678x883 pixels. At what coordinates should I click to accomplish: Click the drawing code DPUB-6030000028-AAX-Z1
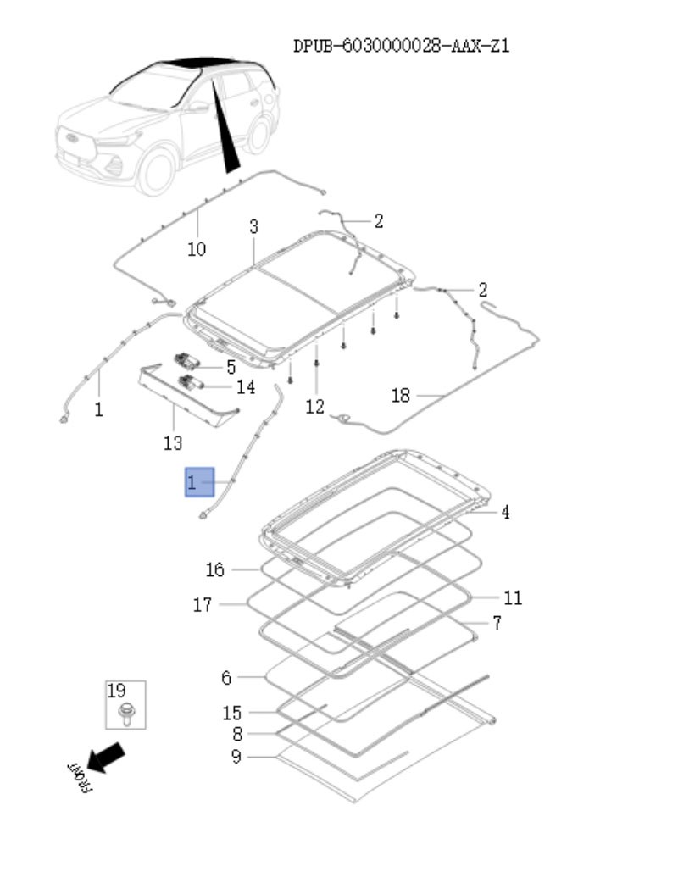pyautogui.click(x=401, y=46)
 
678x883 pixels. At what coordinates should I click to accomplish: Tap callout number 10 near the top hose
pyautogui.click(x=196, y=249)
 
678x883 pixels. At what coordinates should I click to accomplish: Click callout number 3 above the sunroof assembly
pyautogui.click(x=253, y=226)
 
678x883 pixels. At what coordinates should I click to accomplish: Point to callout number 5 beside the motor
pyautogui.click(x=230, y=367)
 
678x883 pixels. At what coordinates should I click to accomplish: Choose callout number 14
pyautogui.click(x=245, y=387)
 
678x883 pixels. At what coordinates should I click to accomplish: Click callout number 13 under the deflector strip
pyautogui.click(x=172, y=442)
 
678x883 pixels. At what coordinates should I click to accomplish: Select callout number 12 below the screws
pyautogui.click(x=314, y=408)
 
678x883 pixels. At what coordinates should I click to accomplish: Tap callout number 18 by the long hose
pyautogui.click(x=401, y=395)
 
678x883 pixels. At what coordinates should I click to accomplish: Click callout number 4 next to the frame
pyautogui.click(x=505, y=512)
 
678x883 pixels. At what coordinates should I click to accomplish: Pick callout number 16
pyautogui.click(x=215, y=569)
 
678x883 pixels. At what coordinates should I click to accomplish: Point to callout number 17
pyautogui.click(x=202, y=605)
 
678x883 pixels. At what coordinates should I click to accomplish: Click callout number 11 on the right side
pyautogui.click(x=512, y=598)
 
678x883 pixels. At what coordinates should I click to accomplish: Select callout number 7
pyautogui.click(x=497, y=623)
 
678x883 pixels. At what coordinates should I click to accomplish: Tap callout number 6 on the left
pyautogui.click(x=225, y=678)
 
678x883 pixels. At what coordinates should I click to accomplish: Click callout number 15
pyautogui.click(x=231, y=714)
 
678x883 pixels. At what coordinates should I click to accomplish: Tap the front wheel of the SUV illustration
pyautogui.click(x=156, y=169)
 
